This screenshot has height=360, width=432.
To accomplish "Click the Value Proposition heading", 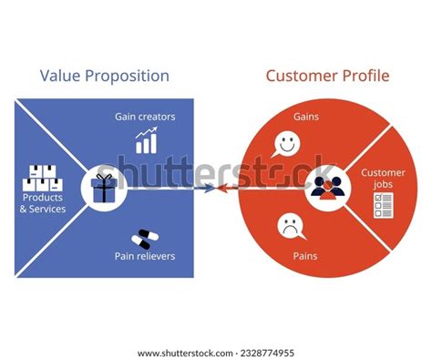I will [x=104, y=75].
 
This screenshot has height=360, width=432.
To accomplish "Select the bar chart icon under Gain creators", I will [x=146, y=141].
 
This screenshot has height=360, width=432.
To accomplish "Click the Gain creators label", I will [x=145, y=118].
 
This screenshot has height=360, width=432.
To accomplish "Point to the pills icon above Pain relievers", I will [x=143, y=239].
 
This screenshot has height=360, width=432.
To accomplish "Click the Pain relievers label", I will [x=145, y=257].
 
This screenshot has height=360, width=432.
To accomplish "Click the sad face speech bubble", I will [x=290, y=225].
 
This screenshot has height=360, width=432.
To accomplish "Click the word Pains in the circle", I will [x=293, y=258].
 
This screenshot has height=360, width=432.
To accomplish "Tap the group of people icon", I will [x=325, y=187].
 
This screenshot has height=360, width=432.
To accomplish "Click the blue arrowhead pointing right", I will [x=211, y=190].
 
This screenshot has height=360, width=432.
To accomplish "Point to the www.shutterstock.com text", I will [x=181, y=353].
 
